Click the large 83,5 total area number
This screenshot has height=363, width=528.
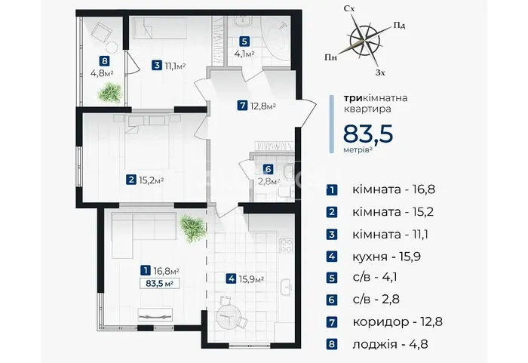coord(368,134)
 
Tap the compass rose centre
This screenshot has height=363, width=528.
coord(364,39)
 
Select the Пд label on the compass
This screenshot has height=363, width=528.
coord(399,25)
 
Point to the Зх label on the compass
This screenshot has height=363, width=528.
coord(380,72)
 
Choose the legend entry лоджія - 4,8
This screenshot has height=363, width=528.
coord(391,344)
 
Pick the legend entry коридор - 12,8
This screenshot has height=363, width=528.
coord(398,322)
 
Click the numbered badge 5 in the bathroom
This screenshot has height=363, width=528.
coord(244,42)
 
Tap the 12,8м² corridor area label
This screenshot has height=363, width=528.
coord(262,106)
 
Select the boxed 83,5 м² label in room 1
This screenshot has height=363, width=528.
coord(159,284)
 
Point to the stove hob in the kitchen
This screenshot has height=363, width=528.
coord(287,245)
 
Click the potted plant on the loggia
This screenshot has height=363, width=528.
coord(110,92)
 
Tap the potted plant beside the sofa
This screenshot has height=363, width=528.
coord(192,228)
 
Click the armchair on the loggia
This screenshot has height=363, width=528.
coord(101,31)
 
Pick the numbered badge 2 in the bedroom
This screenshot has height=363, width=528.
coord(131,180)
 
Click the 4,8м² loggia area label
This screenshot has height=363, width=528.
coord(102,72)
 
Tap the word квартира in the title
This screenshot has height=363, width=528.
coord(367,109)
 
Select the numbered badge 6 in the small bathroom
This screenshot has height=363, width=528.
coord(268,169)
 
